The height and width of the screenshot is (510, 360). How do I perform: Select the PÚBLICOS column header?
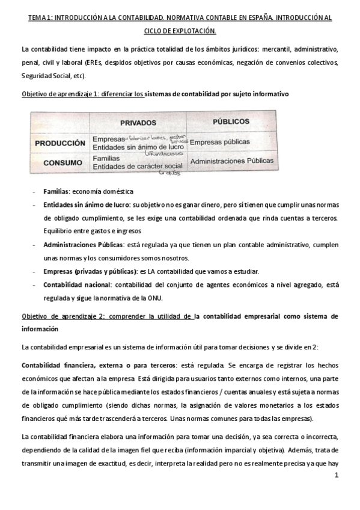[231, 121]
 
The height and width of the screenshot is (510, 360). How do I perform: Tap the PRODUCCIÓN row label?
[59, 143]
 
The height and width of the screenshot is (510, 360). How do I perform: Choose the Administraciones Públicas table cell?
[231, 161]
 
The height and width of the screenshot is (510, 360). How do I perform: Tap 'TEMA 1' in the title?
[40, 19]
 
